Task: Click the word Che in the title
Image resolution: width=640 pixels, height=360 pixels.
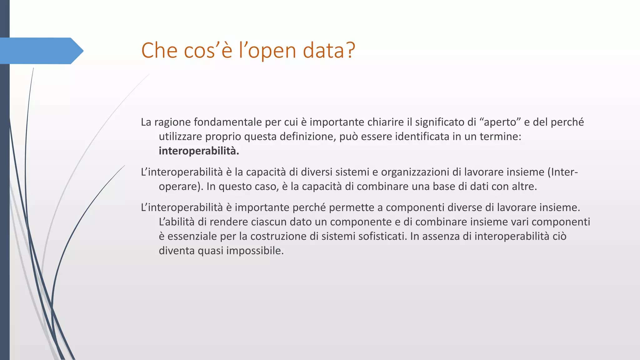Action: click(159, 50)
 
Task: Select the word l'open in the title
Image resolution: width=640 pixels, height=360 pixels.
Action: click(267, 51)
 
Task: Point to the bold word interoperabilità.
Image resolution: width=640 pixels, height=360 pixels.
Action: click(199, 151)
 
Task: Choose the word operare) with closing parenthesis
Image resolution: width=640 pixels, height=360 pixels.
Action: click(181, 187)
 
